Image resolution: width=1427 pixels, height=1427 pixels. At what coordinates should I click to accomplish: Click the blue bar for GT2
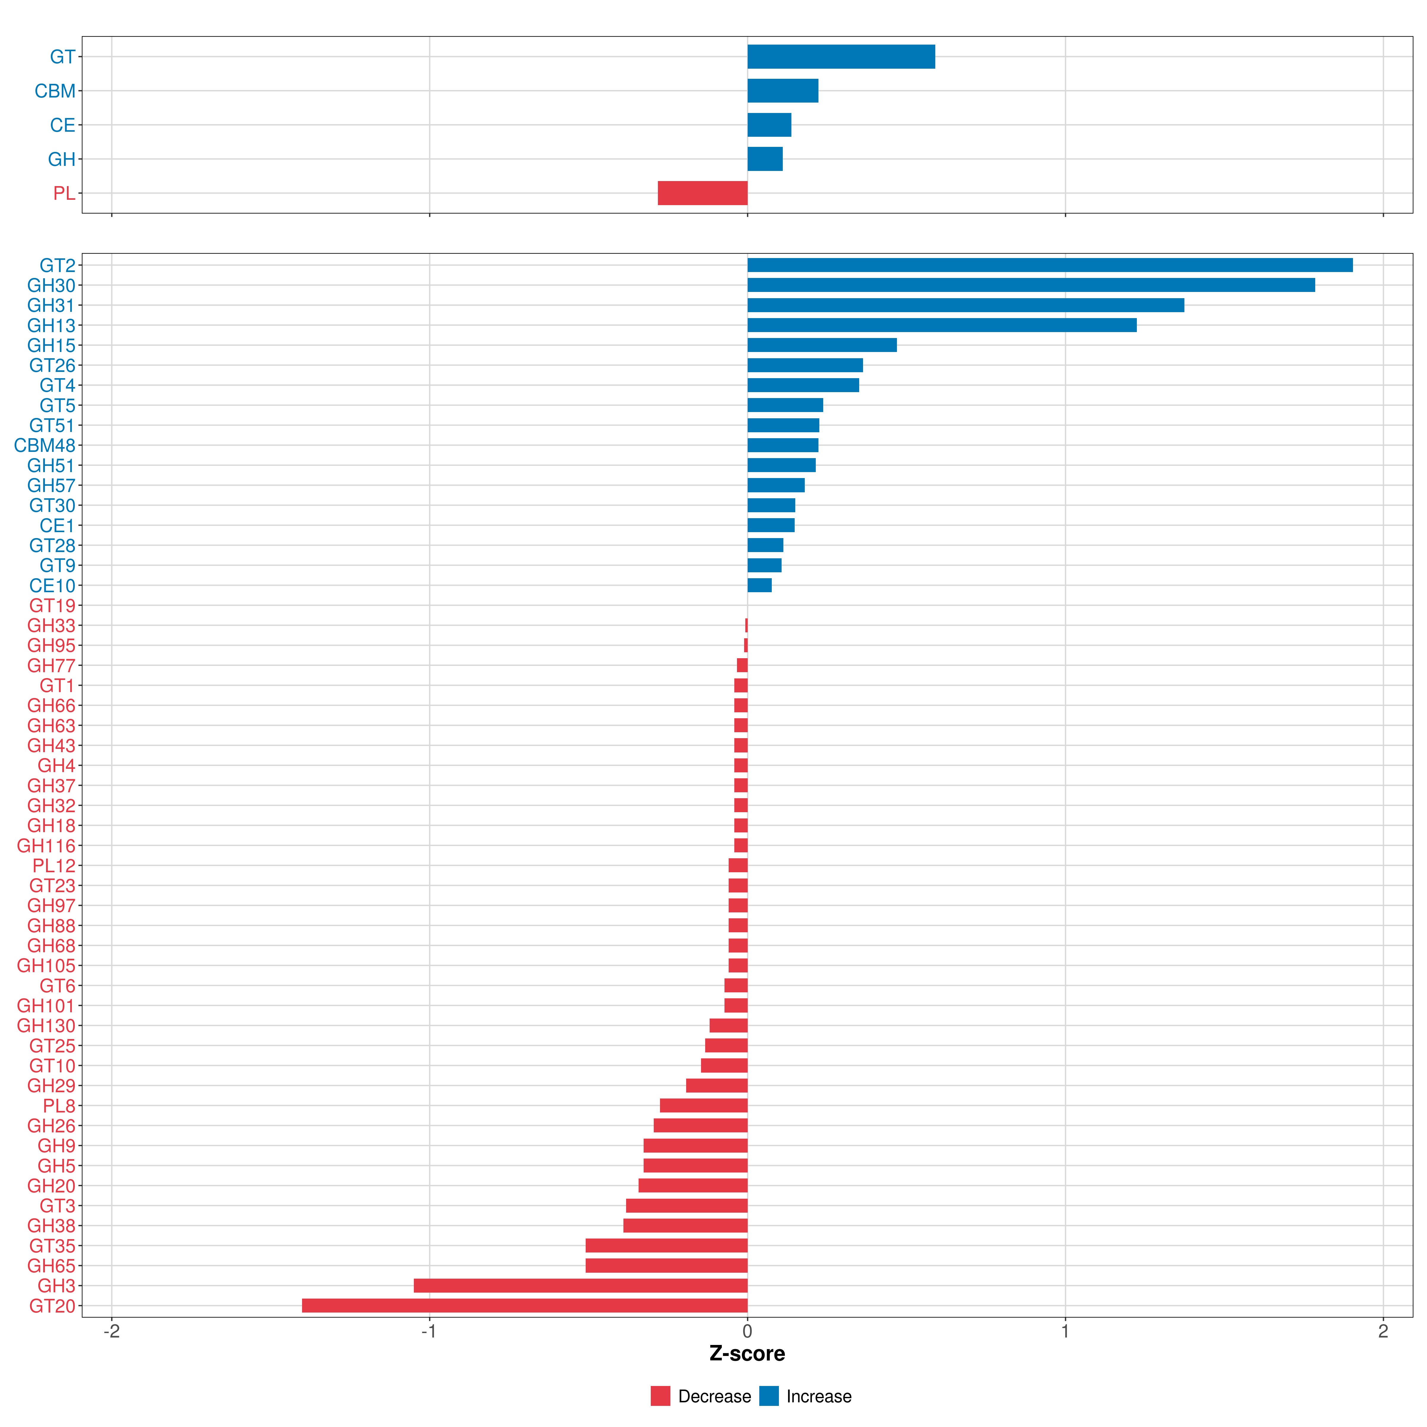[x=1049, y=265]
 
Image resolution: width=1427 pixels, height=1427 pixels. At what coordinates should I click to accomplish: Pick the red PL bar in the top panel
[x=703, y=193]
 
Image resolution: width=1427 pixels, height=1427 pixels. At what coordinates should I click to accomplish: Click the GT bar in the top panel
[x=840, y=57]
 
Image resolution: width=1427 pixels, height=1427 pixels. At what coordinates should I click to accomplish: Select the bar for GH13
[x=942, y=325]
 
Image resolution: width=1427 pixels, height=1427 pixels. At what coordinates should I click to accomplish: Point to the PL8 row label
[x=59, y=1106]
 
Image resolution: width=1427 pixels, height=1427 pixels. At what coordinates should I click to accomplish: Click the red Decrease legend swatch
[x=660, y=1396]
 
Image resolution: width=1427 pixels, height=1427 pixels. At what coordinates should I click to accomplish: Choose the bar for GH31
[x=965, y=305]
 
